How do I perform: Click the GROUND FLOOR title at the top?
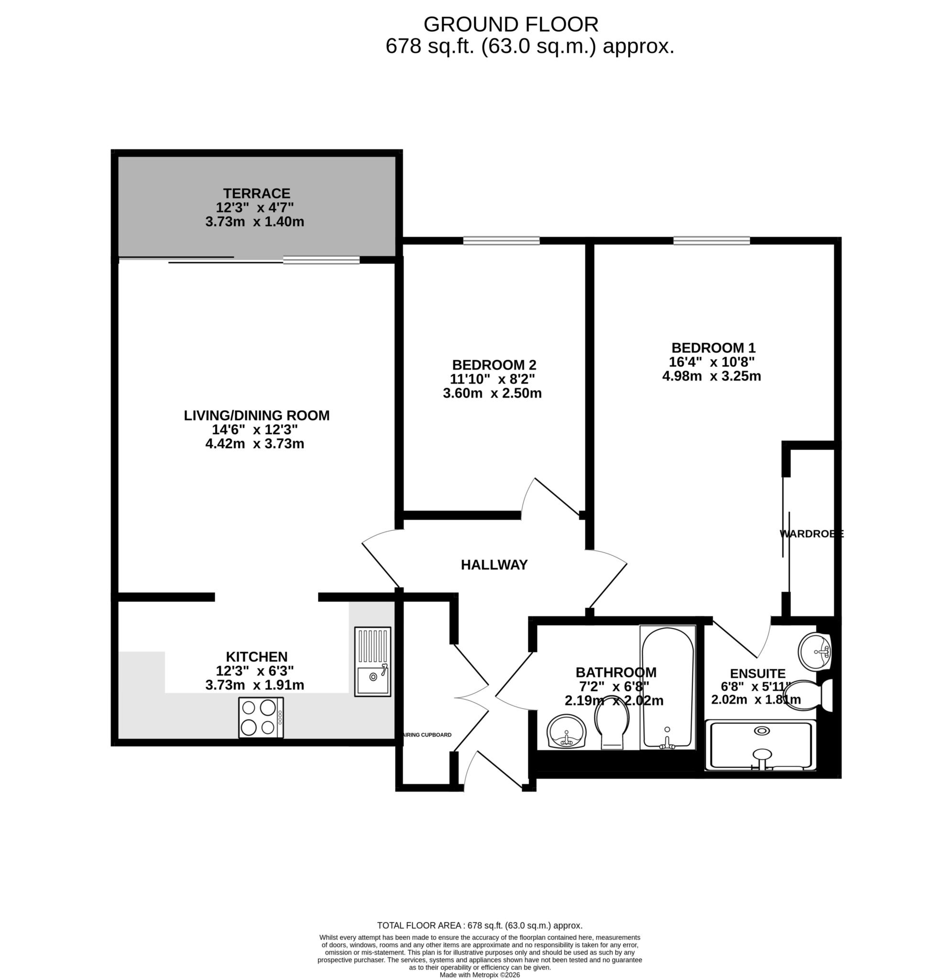click(511, 24)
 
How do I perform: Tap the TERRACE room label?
click(256, 194)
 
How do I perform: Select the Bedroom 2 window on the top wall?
click(501, 241)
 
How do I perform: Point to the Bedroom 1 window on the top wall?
click(711, 241)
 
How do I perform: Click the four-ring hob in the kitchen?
click(261, 717)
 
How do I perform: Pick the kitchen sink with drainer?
click(372, 661)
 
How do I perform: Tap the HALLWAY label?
click(494, 565)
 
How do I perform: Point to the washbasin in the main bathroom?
click(567, 731)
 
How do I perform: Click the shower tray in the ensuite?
click(760, 745)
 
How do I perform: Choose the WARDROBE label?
click(811, 534)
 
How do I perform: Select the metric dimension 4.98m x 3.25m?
click(711, 376)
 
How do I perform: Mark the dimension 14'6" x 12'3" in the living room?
click(255, 429)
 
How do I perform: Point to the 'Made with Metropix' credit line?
click(480, 975)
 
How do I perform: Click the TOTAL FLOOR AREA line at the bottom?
click(480, 925)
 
